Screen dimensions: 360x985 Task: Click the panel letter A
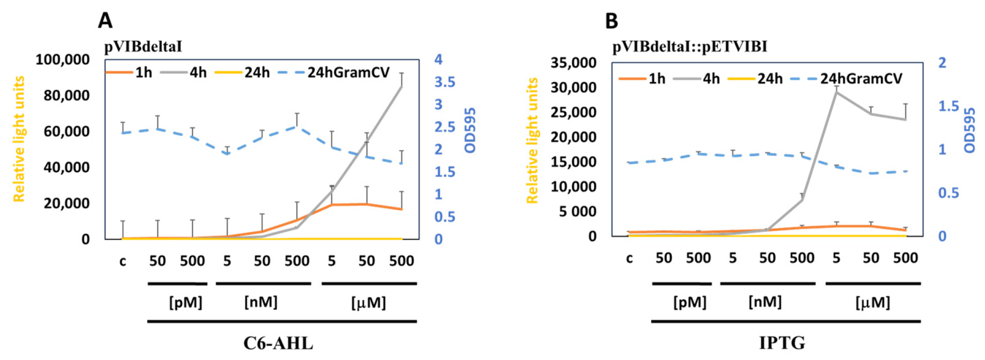(105, 21)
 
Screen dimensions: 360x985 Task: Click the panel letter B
(611, 21)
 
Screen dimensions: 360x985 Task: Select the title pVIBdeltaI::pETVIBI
(689, 47)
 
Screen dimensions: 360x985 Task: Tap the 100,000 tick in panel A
(62, 60)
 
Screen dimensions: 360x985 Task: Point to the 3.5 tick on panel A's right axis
(444, 82)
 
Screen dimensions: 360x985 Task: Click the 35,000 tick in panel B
(573, 62)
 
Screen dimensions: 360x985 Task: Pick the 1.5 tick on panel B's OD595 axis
(948, 106)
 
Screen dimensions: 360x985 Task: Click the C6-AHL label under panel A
(278, 344)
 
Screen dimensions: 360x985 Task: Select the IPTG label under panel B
(782, 343)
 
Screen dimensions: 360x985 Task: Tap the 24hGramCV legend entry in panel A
(348, 73)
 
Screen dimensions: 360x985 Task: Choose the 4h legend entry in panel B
(711, 79)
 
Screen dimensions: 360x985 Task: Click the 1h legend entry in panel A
(143, 73)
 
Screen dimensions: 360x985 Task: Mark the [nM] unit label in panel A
(261, 302)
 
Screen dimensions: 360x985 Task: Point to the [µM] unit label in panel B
(872, 303)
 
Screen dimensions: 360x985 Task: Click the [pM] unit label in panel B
(690, 303)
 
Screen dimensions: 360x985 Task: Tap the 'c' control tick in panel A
(123, 261)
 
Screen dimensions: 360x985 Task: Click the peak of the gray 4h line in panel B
(836, 92)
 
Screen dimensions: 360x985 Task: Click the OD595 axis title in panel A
(470, 130)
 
